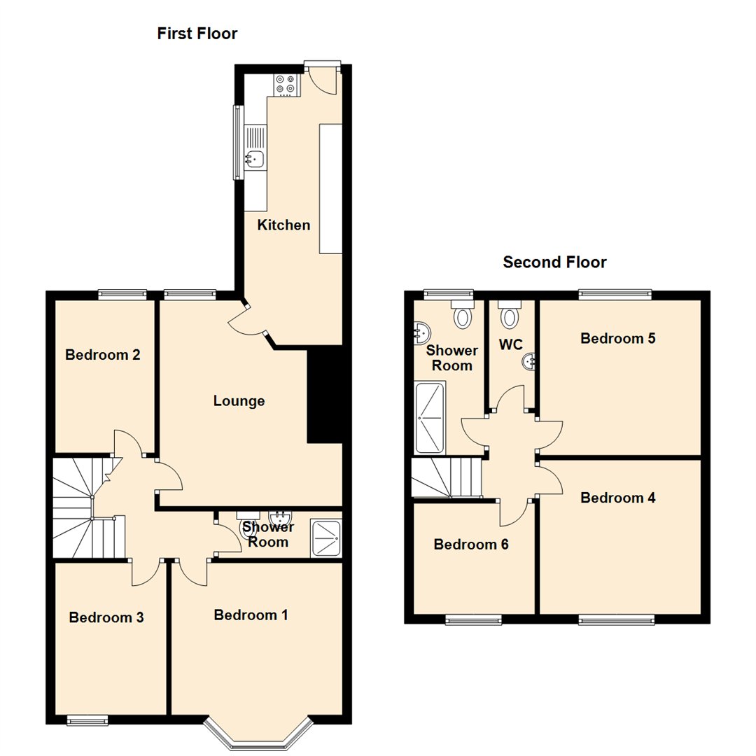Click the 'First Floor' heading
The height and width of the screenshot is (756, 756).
click(x=197, y=33)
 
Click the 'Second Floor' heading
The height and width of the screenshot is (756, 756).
click(x=554, y=262)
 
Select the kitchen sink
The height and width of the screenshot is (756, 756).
click(x=255, y=158)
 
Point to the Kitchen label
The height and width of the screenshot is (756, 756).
click(x=283, y=225)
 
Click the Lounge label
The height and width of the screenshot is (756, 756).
click(x=239, y=401)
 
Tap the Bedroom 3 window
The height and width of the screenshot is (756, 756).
click(x=87, y=719)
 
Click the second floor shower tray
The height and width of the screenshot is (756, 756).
click(x=429, y=417)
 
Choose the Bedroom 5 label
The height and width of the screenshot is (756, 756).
click(x=617, y=338)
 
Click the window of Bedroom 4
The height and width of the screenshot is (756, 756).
click(x=616, y=619)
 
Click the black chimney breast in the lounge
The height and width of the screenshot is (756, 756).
click(x=324, y=396)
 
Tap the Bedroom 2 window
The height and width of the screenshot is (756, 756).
click(x=122, y=295)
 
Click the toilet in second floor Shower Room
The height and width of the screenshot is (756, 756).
click(x=463, y=314)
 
